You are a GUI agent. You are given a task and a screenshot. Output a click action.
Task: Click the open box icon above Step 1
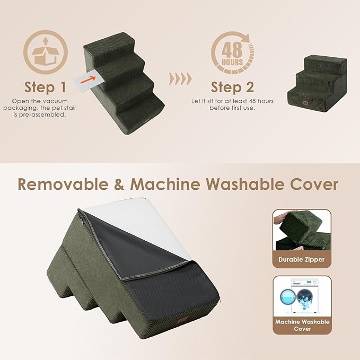[45, 52]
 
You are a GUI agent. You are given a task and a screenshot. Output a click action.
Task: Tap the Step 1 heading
[46, 86]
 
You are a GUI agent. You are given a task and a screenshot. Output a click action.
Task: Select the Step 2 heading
[232, 86]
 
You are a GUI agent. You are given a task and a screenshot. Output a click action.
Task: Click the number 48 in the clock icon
[232, 50]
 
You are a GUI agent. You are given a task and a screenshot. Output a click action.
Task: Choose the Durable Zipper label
[302, 259]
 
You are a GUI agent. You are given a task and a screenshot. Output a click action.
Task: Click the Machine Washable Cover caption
[302, 325]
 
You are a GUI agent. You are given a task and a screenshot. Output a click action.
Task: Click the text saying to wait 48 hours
[232, 104]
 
